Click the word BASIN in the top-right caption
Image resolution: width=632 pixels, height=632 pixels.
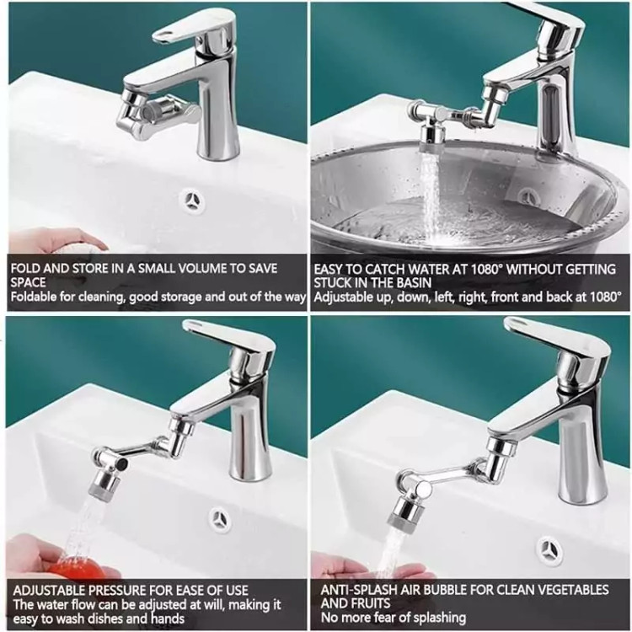pyautogui.click(x=414, y=282)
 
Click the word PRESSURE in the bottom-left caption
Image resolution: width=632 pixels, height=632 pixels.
pyautogui.click(x=117, y=591)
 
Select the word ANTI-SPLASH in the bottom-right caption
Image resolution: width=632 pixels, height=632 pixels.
pyautogui.click(x=359, y=590)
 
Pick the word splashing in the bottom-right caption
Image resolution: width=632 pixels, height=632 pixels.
pyautogui.click(x=437, y=618)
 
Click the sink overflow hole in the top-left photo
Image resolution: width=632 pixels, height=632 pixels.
pyautogui.click(x=191, y=200)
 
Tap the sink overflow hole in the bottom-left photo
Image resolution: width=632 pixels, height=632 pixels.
pyautogui.click(x=221, y=519)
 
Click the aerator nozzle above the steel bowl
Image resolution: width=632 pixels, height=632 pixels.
pyautogui.click(x=431, y=138)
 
